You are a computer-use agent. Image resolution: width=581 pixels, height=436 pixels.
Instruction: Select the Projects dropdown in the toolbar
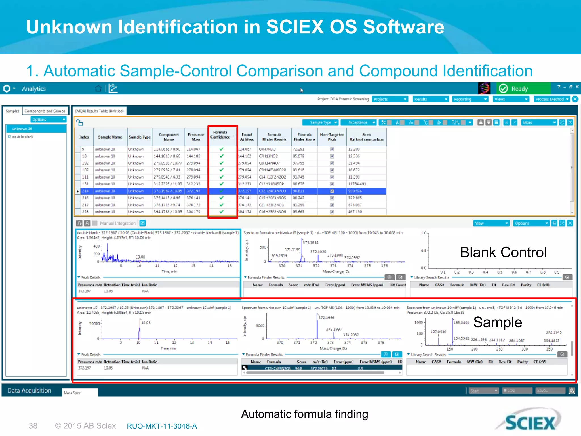390,99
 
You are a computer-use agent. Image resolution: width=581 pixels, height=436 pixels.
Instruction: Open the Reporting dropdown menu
470,99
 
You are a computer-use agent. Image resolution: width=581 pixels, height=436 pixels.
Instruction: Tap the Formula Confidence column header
220,135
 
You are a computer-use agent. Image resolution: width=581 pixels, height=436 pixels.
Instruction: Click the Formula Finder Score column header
304,137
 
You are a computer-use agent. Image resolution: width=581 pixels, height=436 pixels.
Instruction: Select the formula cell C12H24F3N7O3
272,191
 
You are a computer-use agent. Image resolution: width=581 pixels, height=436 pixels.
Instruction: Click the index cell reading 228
85,212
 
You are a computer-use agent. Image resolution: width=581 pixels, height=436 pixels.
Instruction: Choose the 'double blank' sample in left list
23,137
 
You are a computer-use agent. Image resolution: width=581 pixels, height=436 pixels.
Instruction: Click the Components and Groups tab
45,111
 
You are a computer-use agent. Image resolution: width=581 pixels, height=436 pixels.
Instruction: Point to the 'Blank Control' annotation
503,252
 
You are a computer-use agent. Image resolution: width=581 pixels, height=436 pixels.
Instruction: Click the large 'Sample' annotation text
498,322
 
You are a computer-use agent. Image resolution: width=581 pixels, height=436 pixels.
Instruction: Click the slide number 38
33,426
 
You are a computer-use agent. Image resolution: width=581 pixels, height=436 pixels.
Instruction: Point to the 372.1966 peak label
326,318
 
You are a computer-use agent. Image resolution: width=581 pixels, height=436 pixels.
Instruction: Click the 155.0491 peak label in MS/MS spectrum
461,323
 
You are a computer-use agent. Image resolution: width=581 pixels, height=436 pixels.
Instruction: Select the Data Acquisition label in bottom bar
29,391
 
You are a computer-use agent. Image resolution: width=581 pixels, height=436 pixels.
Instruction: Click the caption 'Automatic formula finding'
304,414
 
